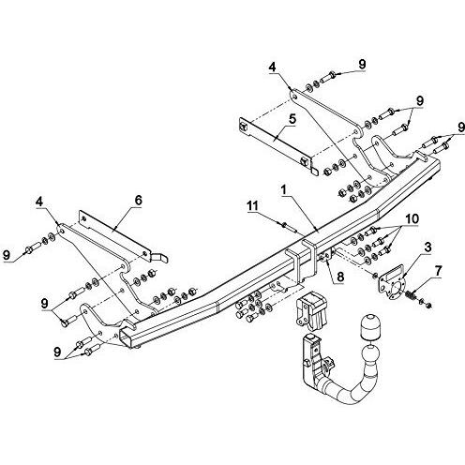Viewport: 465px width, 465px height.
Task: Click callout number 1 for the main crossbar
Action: [283, 190]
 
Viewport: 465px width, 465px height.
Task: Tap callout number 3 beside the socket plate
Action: [427, 247]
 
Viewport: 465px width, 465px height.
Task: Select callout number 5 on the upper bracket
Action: [292, 120]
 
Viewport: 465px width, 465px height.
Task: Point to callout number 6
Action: [138, 200]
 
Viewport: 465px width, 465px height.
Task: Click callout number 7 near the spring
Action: [438, 271]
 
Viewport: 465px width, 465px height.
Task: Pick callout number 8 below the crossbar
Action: [340, 277]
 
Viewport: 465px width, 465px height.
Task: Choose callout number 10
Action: [412, 219]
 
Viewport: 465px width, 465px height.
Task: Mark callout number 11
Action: [253, 205]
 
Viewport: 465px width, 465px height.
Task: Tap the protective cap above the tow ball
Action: [370, 328]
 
